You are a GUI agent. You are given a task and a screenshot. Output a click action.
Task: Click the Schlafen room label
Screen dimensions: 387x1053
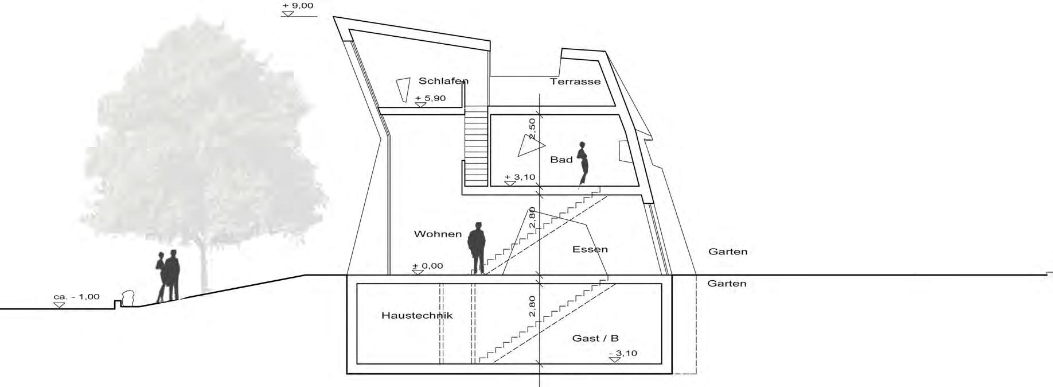tap(443, 81)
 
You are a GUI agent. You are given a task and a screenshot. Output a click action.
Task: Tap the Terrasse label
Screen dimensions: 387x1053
tap(575, 82)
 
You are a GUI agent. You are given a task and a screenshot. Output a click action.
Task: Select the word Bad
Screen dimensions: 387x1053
tap(561, 160)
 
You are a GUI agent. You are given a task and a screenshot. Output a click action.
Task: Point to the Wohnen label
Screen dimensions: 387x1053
tap(438, 234)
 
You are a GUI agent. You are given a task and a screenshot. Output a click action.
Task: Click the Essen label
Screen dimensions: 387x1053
tap(590, 250)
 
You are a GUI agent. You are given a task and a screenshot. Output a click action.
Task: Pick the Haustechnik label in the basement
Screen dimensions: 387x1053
tap(417, 315)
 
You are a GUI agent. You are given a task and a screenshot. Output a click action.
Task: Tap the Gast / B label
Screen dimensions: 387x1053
tap(595, 338)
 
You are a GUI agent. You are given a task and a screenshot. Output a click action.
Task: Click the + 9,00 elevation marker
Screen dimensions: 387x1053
tap(298, 6)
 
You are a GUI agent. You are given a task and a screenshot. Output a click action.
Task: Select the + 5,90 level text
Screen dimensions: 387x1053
tap(430, 98)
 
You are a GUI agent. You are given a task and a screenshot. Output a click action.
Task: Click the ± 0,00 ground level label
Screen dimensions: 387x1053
tap(428, 266)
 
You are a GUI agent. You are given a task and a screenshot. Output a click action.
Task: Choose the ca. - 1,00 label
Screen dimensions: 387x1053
tap(76, 297)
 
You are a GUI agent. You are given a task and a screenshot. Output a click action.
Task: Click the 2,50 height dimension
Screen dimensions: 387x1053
tap(532, 128)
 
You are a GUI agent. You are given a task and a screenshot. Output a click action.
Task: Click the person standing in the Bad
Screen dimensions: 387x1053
tap(583, 163)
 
